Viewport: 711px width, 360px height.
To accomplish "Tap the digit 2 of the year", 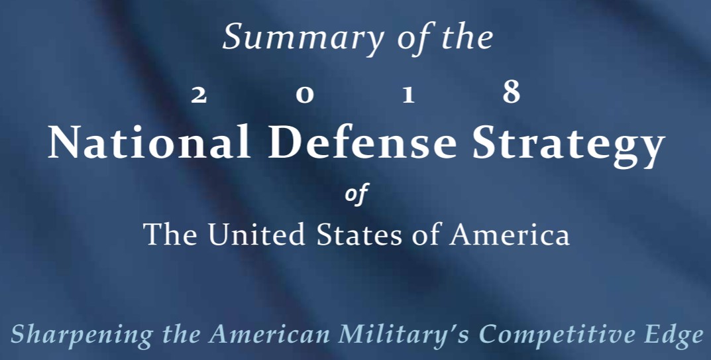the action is [x=199, y=95].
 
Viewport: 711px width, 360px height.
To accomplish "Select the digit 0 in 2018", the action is [x=305, y=95].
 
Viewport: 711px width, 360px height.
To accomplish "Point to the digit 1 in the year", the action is [x=409, y=95].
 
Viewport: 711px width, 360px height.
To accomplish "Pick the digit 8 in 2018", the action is [x=512, y=92].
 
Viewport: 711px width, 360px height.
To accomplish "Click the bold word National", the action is [x=149, y=141].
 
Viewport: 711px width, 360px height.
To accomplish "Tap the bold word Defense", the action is [x=362, y=141].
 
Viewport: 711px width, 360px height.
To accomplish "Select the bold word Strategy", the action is [x=569, y=145].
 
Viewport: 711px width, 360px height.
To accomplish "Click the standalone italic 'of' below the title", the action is [x=356, y=194].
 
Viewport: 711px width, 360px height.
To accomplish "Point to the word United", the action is [x=256, y=234].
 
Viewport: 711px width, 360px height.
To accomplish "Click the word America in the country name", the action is [x=510, y=234].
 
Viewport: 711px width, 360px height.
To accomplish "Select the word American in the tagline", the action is [x=269, y=334].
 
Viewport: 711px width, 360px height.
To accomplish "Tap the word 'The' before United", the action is [x=170, y=234].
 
